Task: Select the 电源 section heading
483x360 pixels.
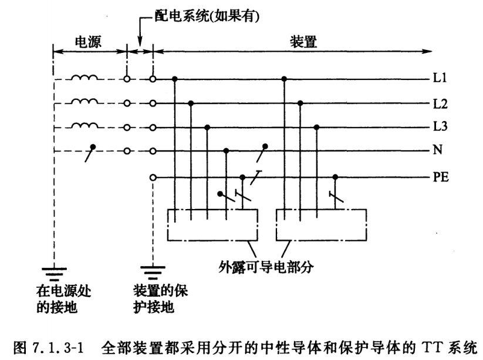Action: tap(89, 42)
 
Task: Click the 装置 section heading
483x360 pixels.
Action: tap(302, 42)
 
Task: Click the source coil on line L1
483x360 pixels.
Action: tap(85, 77)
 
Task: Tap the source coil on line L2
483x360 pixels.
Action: tap(85, 102)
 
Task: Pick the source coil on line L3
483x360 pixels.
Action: tap(85, 126)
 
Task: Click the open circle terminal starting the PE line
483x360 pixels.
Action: tap(153, 176)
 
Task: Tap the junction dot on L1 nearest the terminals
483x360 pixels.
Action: tap(174, 78)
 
